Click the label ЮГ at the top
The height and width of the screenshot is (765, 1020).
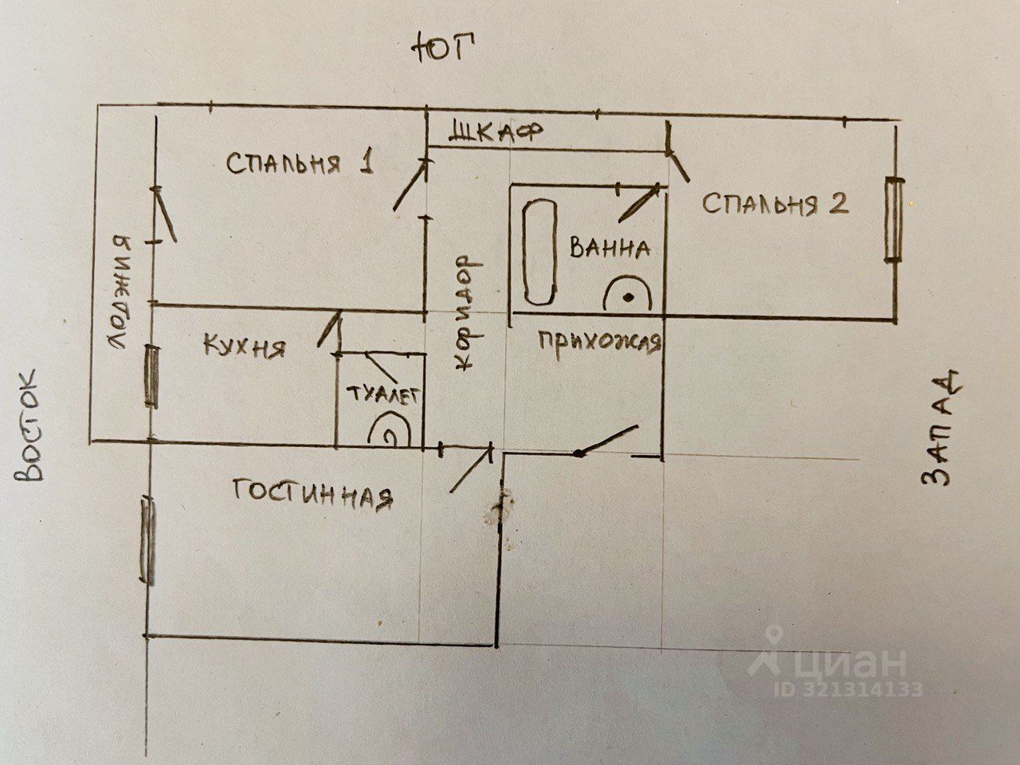(x=442, y=49)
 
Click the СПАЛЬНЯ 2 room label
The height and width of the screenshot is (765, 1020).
(x=775, y=204)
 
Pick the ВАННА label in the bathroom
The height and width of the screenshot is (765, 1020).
(x=610, y=248)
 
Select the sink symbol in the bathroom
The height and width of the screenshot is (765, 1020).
(x=629, y=296)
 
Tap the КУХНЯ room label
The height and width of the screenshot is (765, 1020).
(x=244, y=347)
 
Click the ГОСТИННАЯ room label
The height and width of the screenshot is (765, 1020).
(x=313, y=494)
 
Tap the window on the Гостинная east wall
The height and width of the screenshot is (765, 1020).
(x=147, y=542)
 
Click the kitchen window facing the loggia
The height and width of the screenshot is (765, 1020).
(x=151, y=376)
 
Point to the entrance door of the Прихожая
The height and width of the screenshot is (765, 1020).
(x=607, y=441)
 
